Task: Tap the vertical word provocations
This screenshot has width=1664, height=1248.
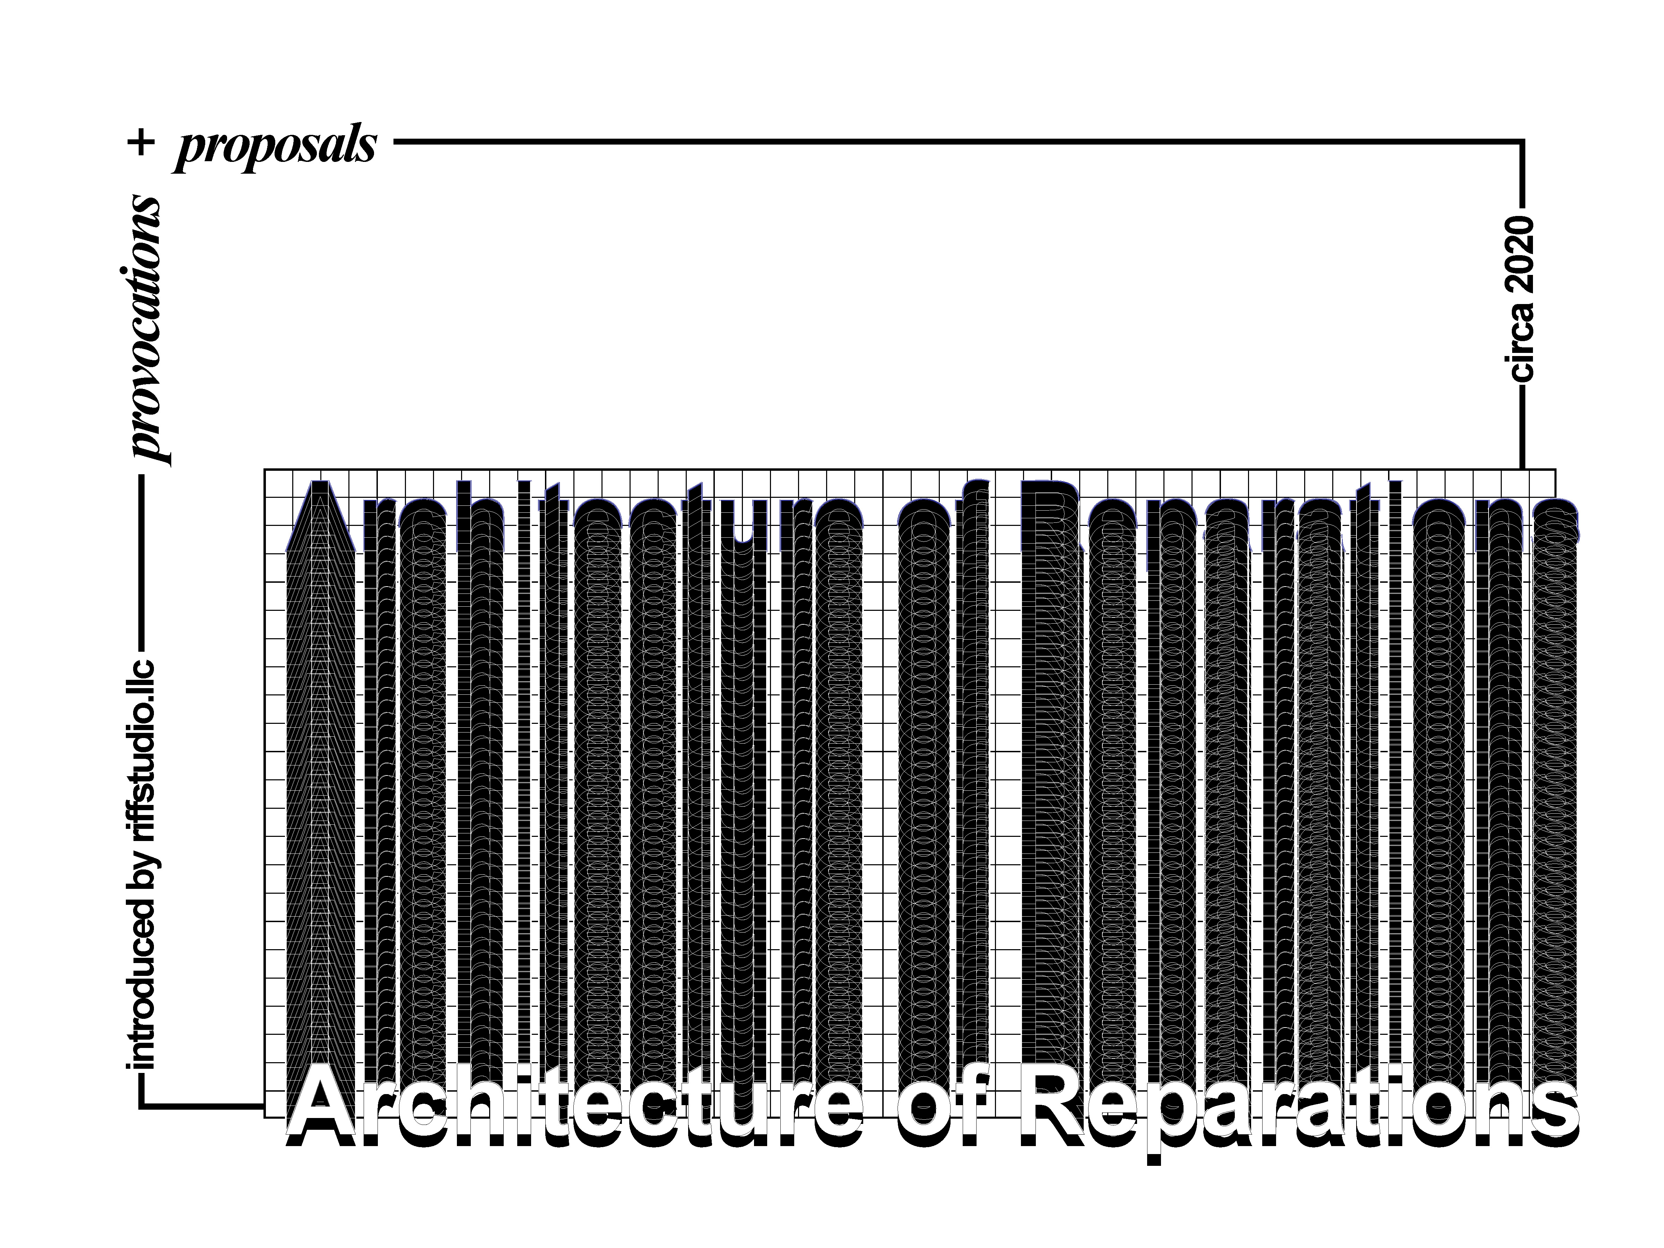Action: click(x=145, y=329)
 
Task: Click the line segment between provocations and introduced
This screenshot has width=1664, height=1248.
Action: click(x=141, y=561)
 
